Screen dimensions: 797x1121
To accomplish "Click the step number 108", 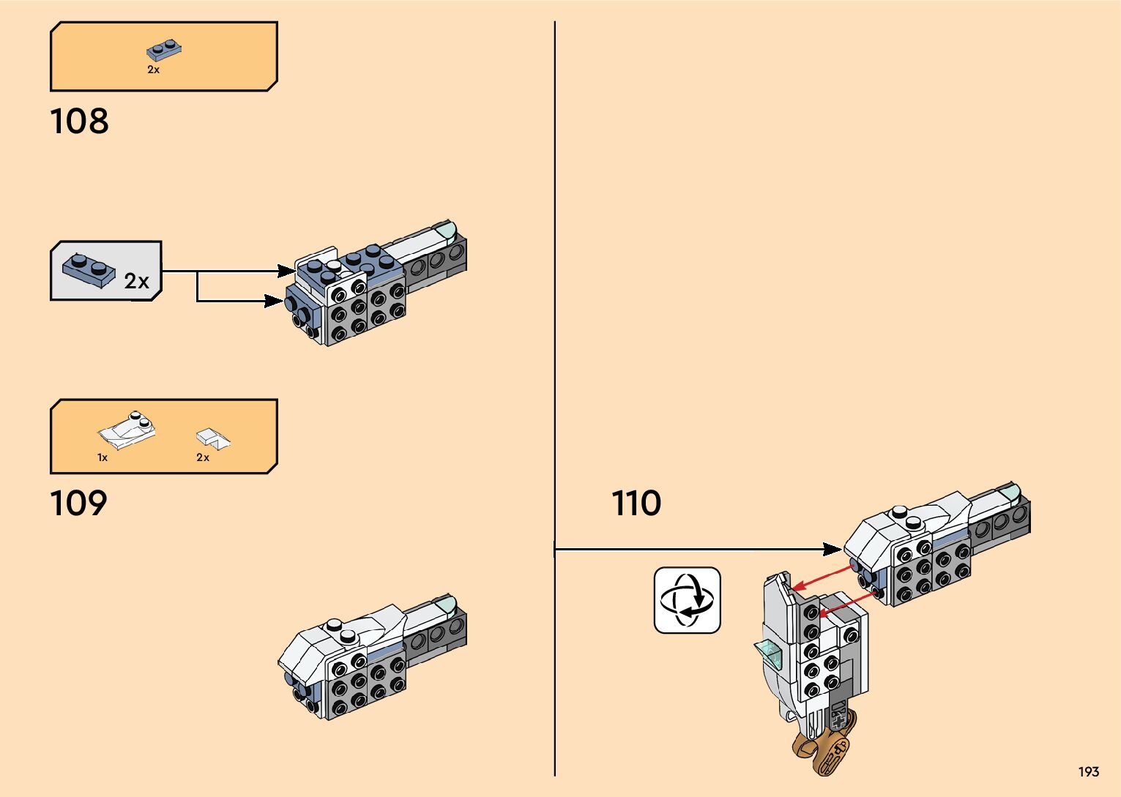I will coord(79,121).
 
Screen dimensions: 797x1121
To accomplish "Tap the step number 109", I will coord(78,504).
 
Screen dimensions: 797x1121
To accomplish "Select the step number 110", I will coord(636,504).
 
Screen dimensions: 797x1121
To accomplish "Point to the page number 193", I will coord(1088,771).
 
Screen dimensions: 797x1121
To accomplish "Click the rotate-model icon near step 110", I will coord(687,600).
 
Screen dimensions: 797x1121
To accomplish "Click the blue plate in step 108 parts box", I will coord(164,50).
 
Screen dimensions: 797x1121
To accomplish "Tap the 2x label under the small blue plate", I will coord(153,70).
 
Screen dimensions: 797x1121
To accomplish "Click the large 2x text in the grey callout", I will coord(137,281).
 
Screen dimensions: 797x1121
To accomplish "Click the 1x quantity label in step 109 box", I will coord(103,457).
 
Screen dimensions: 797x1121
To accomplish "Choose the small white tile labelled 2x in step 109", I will coord(212,438).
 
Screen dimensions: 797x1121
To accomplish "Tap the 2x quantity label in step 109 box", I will coord(203,457).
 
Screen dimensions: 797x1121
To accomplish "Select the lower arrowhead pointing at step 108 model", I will coord(275,301).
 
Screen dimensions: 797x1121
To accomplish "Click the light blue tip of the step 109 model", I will coord(446,605).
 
